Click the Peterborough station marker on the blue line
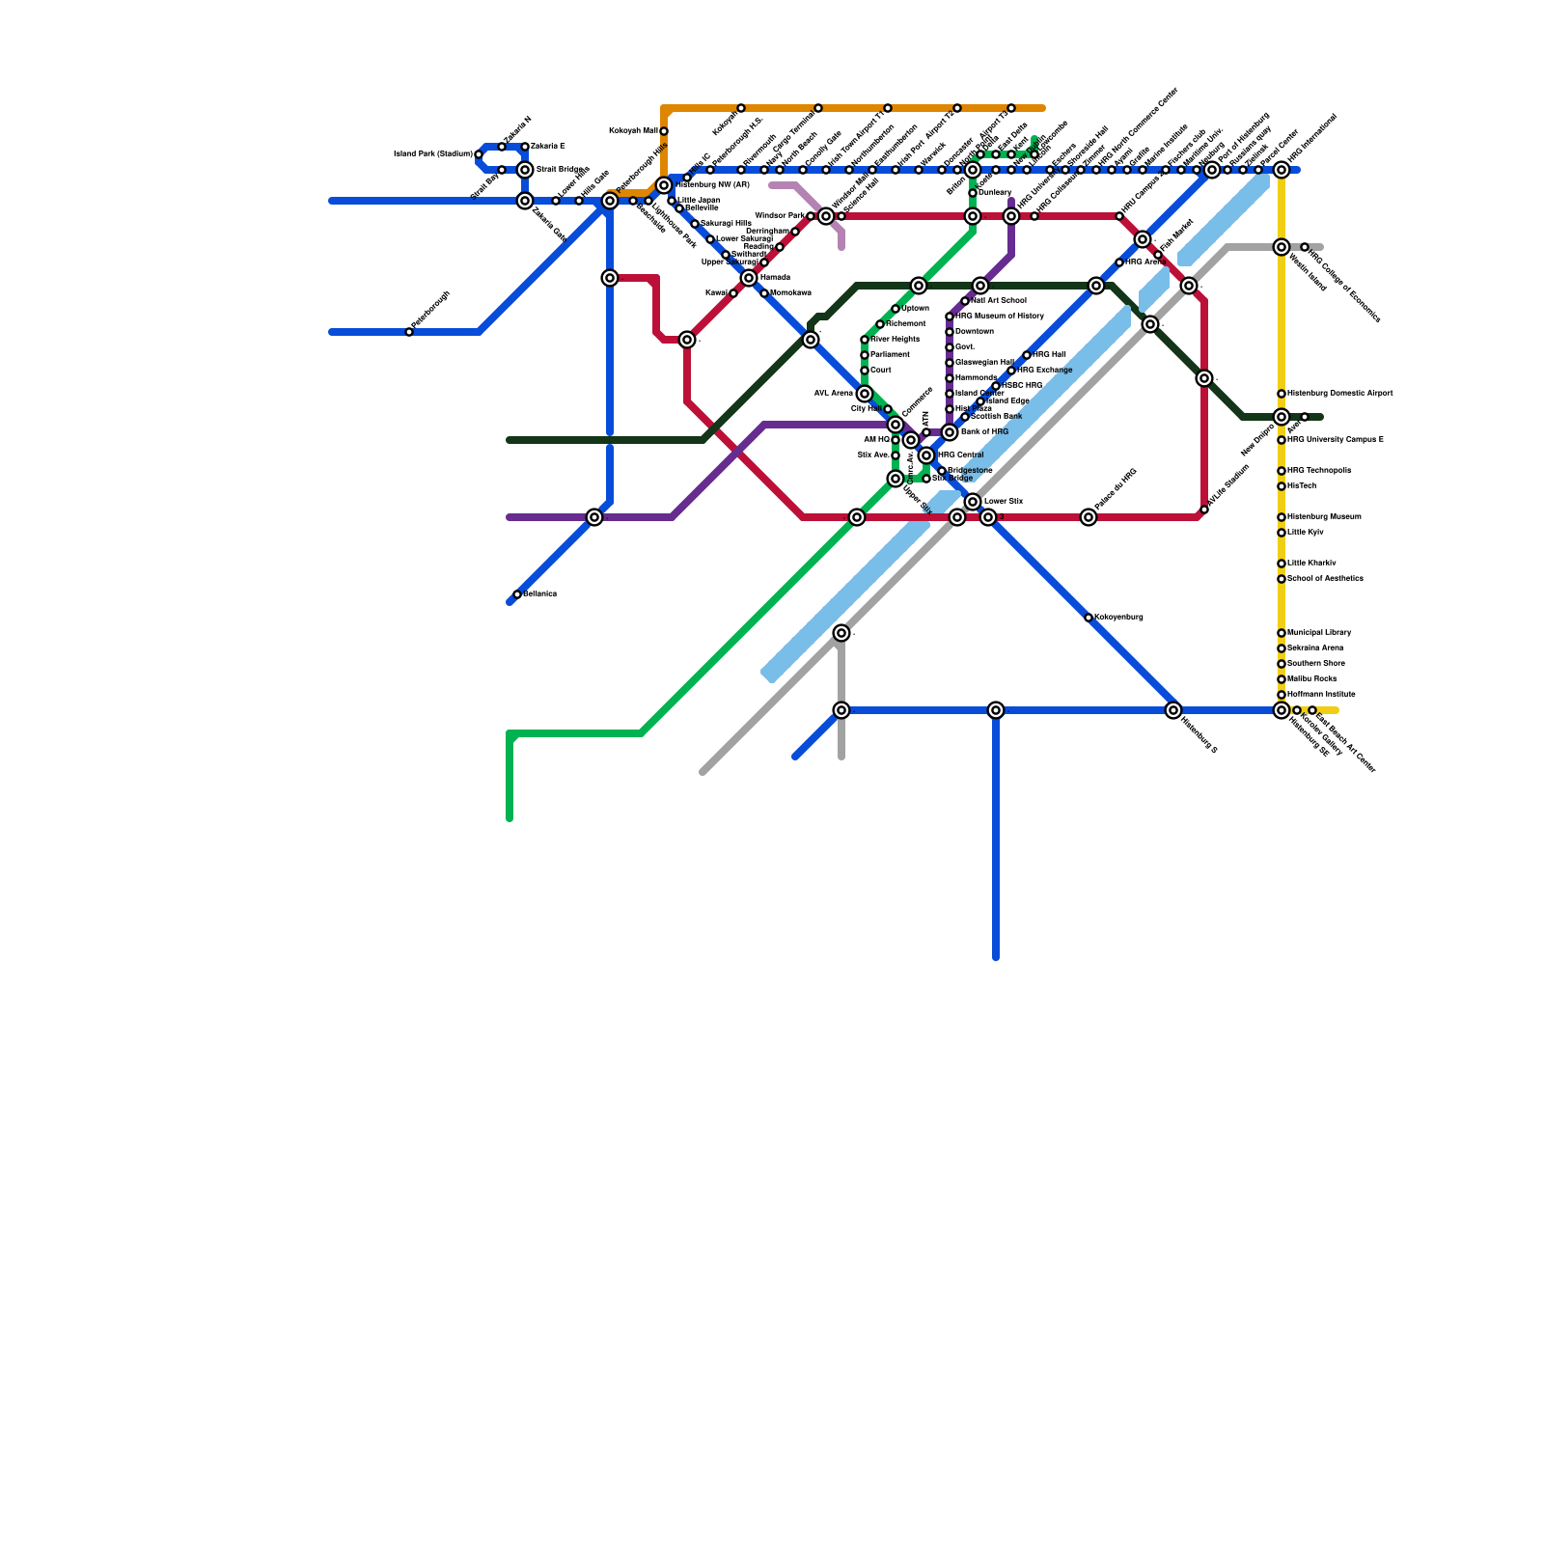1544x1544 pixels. tap(409, 332)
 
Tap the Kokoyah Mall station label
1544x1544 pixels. tap(633, 130)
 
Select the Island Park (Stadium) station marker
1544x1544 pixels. tap(479, 154)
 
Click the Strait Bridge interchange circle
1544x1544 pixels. tap(525, 170)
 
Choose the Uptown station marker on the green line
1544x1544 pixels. tap(896, 309)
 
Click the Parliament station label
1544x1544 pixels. tap(890, 355)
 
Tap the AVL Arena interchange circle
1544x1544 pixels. tap(865, 394)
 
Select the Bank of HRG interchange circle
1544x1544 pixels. tap(950, 432)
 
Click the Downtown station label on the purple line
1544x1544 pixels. tap(974, 332)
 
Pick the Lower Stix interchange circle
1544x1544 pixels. tap(973, 502)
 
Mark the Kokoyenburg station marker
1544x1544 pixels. tap(1089, 618)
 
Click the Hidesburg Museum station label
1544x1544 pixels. tap(1324, 517)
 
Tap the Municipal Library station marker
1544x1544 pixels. tap(1282, 633)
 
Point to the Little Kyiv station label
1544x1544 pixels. tap(1305, 533)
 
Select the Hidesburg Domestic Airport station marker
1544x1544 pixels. tap(1282, 394)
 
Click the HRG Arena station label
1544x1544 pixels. tap(1145, 262)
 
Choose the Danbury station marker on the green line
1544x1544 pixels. tap(973, 193)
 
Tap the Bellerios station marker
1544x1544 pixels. tap(517, 594)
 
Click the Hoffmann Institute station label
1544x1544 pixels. tap(1321, 695)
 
